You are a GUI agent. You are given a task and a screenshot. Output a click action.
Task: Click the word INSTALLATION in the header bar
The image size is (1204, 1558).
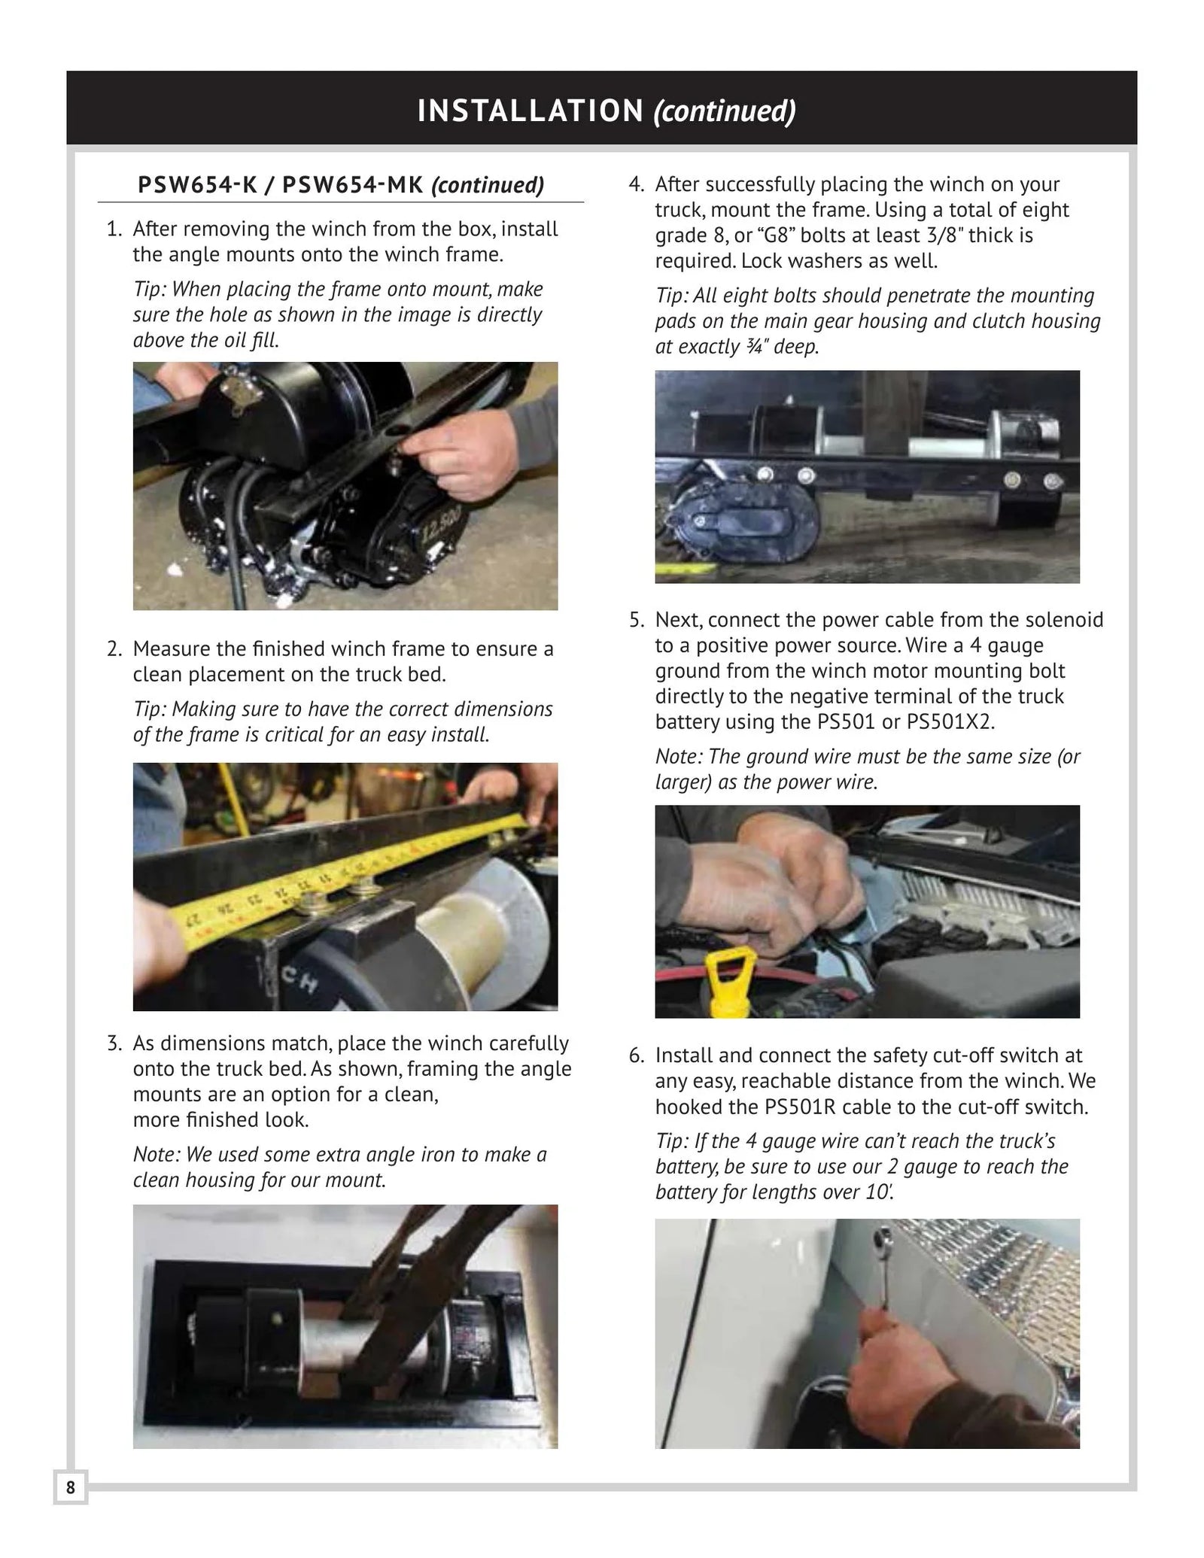click(x=530, y=111)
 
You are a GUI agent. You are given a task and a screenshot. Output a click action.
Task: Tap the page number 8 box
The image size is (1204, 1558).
click(x=71, y=1487)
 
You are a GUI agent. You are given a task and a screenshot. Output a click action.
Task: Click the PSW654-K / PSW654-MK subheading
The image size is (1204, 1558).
click(x=340, y=185)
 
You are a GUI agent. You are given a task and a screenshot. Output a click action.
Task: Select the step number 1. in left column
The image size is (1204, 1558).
click(x=114, y=229)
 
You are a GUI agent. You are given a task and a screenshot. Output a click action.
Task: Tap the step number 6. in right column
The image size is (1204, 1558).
click(x=636, y=1055)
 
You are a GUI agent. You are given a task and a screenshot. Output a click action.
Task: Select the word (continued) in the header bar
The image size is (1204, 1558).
click(x=725, y=111)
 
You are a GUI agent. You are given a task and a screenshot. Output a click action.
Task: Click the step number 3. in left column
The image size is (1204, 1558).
click(x=114, y=1043)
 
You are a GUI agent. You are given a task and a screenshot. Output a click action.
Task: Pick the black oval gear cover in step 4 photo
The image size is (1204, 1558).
click(x=722, y=530)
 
